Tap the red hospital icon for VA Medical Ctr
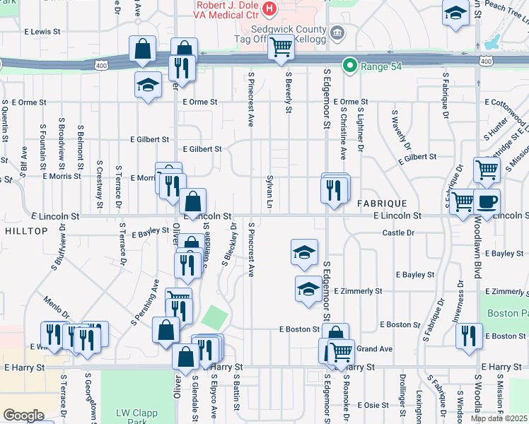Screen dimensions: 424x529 269,8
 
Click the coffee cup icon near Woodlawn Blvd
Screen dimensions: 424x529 487,201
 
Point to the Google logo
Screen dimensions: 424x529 23,415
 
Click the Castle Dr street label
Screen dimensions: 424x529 397,232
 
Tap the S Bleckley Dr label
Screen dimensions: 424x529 228,244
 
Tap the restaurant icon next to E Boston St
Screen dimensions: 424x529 469,336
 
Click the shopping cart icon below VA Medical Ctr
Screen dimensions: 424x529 281,47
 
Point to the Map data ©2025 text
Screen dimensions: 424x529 498,418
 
